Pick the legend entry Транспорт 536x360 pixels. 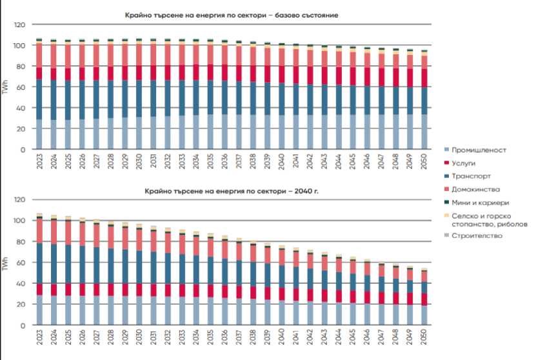click(471, 175)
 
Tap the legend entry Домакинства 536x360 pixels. click(476, 188)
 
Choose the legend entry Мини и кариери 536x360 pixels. click(481, 202)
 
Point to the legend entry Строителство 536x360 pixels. click(477, 235)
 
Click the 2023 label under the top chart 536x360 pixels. click(39, 161)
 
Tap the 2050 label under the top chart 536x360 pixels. click(424, 161)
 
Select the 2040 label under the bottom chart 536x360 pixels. click(281, 336)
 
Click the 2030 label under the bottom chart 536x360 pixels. click(139, 336)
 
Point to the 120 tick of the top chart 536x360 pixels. click(19, 25)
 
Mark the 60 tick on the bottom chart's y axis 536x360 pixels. click(21, 263)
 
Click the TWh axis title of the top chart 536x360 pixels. click(6, 87)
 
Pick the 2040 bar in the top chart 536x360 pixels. click(281, 97)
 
